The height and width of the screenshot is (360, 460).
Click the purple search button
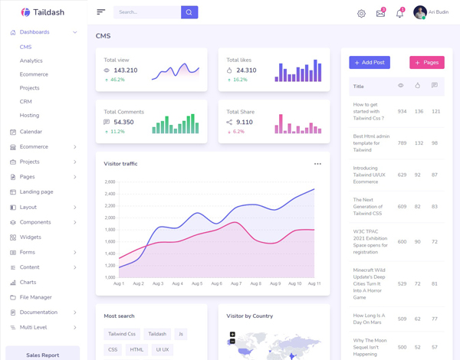tap(189, 12)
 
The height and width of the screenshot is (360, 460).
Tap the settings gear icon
tap(362, 13)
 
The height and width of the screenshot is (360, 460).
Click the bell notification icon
tap(399, 13)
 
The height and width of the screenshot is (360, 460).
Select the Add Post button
tap(370, 62)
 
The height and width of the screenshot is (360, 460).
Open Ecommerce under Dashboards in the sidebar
tap(34, 74)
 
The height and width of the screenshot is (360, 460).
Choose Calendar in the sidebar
tap(31, 132)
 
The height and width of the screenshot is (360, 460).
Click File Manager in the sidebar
tap(36, 297)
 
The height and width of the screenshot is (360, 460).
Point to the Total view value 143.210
tap(125, 70)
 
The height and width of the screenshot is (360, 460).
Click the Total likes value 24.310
tap(246, 70)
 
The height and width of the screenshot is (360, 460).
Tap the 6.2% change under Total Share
tap(238, 132)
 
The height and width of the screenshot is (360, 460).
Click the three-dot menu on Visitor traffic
tap(317, 164)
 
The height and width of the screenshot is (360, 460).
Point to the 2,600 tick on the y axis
tap(110, 182)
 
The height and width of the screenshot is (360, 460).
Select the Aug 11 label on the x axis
tap(314, 283)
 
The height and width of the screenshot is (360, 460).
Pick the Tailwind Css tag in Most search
tap(122, 334)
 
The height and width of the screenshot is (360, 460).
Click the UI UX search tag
tap(163, 349)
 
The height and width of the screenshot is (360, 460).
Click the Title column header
tap(359, 87)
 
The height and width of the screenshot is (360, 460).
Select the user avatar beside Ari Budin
tap(419, 12)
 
